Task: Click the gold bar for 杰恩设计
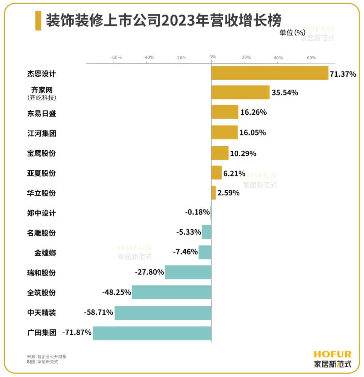click(x=270, y=73)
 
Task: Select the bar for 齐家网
click(x=240, y=92)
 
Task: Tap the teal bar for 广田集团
click(x=152, y=333)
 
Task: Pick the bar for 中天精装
click(x=163, y=313)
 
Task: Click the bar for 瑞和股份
click(x=188, y=272)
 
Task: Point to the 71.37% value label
click(x=343, y=74)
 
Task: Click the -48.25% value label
click(x=116, y=293)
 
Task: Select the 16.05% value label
click(x=252, y=133)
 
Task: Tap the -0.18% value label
click(x=197, y=213)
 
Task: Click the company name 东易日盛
click(x=41, y=114)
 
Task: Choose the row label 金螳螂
click(x=45, y=253)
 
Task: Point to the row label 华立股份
click(x=41, y=193)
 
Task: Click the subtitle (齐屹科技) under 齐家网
click(x=41, y=98)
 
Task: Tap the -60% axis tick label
click(x=116, y=58)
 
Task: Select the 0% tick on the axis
click(x=213, y=57)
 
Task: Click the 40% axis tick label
click(x=278, y=58)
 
